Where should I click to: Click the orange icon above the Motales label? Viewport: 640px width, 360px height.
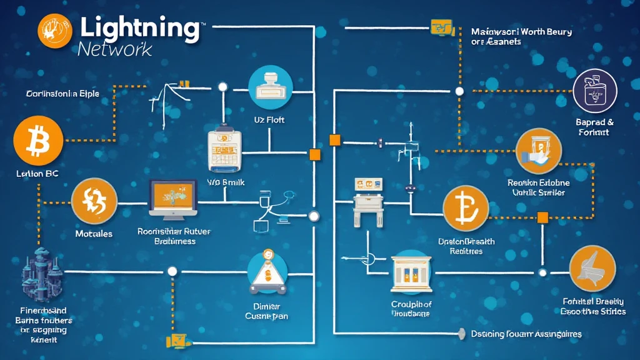pos(94,201)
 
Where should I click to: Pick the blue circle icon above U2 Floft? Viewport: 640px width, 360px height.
pos(271,87)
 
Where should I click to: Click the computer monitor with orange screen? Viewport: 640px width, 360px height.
pos(173,199)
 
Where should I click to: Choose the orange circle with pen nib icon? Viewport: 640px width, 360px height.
pos(592,267)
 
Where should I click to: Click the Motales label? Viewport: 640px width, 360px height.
pos(94,234)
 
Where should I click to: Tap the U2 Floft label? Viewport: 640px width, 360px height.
pos(269,120)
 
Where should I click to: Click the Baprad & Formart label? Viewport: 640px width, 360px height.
pos(594,127)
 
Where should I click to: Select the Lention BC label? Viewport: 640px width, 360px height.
pos(37,174)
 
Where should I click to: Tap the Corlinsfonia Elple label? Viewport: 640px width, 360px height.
pos(62,94)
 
